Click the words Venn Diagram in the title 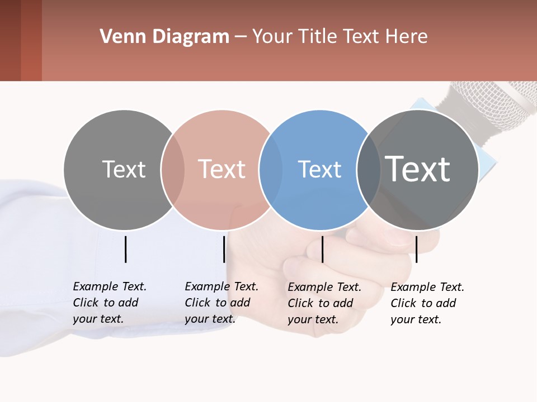click(164, 37)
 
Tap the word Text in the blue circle click(319, 170)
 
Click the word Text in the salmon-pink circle click(222, 169)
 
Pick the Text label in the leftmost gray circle click(124, 169)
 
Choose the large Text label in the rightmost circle click(418, 169)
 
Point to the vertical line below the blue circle click(322, 249)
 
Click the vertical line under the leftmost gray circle click(125, 249)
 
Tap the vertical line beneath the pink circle click(224, 249)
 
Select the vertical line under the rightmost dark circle click(416, 249)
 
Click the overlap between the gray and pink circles click(173, 169)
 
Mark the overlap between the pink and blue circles click(270, 169)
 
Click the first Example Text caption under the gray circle click(109, 303)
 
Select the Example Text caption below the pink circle click(221, 303)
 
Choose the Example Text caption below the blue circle click(324, 303)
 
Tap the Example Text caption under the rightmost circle click(427, 303)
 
